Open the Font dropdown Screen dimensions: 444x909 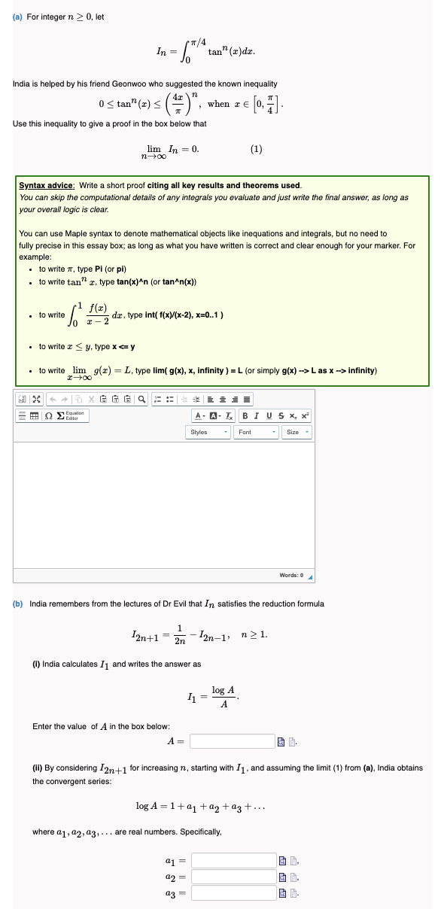[255, 432]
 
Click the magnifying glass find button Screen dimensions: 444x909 [142, 399]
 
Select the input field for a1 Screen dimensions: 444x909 [234, 859]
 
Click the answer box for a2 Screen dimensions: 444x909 [234, 876]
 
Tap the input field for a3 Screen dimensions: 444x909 [234, 893]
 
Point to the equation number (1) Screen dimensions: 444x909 [257, 149]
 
